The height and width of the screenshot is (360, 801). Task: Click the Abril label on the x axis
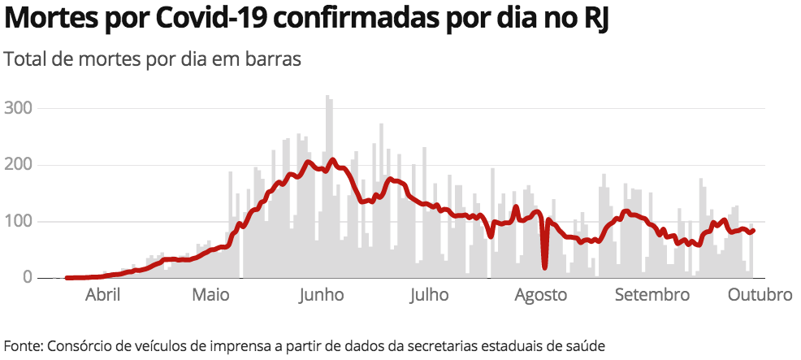coord(103,294)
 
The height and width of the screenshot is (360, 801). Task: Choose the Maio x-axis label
coord(210,294)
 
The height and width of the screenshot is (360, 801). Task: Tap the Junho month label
coord(321,294)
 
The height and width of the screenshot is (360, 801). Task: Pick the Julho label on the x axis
coord(428,294)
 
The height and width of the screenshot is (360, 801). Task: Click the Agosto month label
coord(540,294)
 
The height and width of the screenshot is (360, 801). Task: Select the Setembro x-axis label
coord(652,294)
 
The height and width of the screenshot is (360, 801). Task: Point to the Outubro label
coord(760,294)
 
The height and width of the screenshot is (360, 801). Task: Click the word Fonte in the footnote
coord(22,345)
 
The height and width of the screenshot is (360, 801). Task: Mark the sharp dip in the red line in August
coord(544,265)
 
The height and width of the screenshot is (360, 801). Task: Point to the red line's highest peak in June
coord(332,160)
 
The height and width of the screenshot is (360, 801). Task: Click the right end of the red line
coord(754,230)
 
